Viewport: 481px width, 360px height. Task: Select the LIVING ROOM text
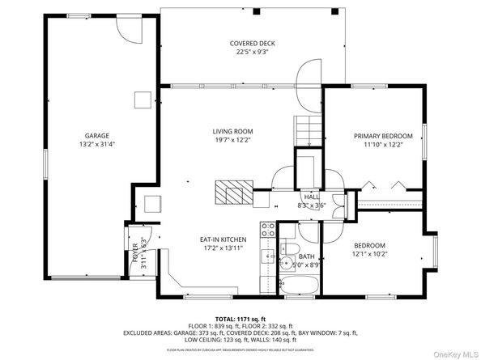pos(233,131)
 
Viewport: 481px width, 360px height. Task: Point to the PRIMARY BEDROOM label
pos(383,136)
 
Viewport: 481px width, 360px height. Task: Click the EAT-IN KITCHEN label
pos(223,240)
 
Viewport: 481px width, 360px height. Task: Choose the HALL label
pos(311,197)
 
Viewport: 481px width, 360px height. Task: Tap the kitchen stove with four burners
pos(265,231)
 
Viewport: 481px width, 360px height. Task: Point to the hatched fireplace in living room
pos(233,194)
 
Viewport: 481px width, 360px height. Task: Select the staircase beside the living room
pos(307,129)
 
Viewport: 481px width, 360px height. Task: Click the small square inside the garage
pos(143,100)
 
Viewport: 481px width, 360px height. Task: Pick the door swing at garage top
pos(129,28)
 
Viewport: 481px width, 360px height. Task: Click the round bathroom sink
pos(285,263)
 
